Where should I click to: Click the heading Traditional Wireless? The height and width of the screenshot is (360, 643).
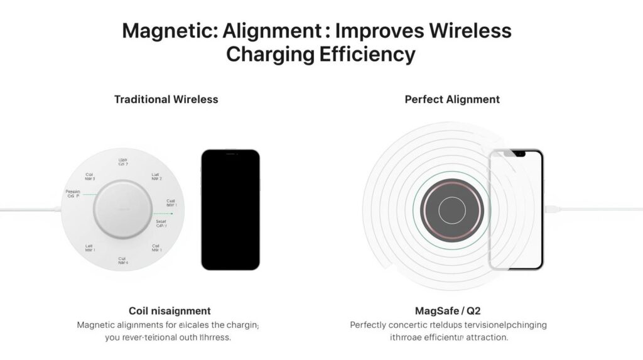point(166,99)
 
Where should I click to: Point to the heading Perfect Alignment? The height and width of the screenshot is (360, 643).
point(452,99)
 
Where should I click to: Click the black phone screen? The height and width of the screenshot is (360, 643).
point(230,209)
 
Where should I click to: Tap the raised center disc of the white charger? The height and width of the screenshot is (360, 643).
point(123,210)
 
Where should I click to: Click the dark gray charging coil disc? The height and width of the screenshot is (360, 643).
point(452,210)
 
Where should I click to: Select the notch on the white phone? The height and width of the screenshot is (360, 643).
point(519,154)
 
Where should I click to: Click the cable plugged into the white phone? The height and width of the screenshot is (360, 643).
point(590,209)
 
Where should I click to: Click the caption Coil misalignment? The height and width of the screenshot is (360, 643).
point(170,311)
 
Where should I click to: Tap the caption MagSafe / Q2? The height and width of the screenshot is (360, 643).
point(448,311)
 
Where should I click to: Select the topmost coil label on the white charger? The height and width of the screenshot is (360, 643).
point(123,162)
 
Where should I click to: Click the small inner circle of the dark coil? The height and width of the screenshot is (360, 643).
point(452,210)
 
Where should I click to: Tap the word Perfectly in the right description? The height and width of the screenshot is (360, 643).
point(370,325)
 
